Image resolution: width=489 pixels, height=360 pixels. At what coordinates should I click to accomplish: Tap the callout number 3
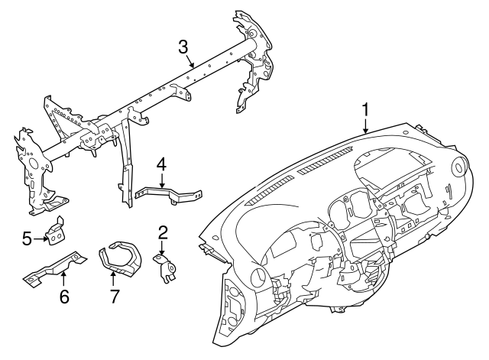click(183, 46)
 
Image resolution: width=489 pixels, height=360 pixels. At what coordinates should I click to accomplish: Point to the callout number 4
click(161, 164)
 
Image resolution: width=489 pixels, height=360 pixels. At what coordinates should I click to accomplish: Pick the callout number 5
click(28, 239)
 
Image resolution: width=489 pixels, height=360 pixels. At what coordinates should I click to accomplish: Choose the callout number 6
click(64, 295)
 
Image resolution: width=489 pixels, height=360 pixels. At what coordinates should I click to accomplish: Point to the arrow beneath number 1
click(365, 127)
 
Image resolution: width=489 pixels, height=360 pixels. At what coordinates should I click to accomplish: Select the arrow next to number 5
click(42, 239)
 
